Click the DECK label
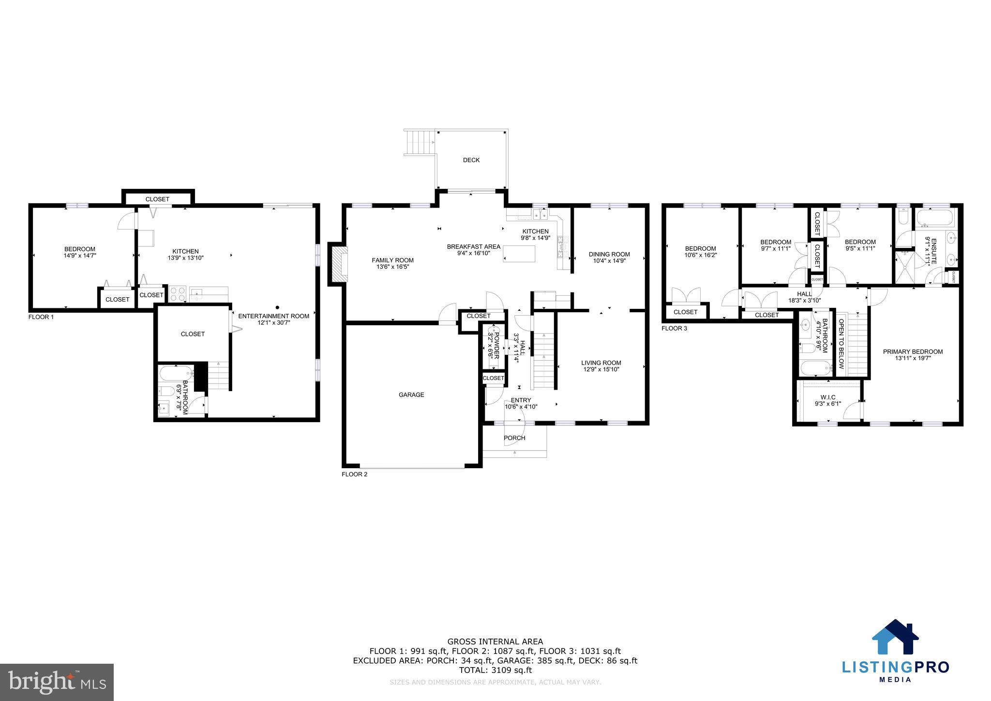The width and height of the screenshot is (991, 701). pyautogui.click(x=471, y=160)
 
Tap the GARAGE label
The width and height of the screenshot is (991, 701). pyautogui.click(x=411, y=395)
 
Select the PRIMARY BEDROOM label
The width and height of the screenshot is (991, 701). pyautogui.click(x=913, y=351)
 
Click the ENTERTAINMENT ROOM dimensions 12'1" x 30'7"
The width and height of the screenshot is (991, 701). pyautogui.click(x=273, y=322)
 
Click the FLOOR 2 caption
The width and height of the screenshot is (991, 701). pyautogui.click(x=354, y=474)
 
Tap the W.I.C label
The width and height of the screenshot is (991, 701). pyautogui.click(x=828, y=397)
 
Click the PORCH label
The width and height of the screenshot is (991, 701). pyautogui.click(x=514, y=438)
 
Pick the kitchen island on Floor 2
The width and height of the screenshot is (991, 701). pyautogui.click(x=519, y=254)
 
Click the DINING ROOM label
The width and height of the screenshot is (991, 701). pyautogui.click(x=609, y=254)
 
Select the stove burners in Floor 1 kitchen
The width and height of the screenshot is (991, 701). pyautogui.click(x=178, y=293)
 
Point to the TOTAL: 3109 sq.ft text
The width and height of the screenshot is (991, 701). pyautogui.click(x=495, y=670)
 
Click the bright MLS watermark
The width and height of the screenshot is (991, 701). pyautogui.click(x=57, y=682)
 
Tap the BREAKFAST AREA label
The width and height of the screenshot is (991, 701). pyautogui.click(x=473, y=247)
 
